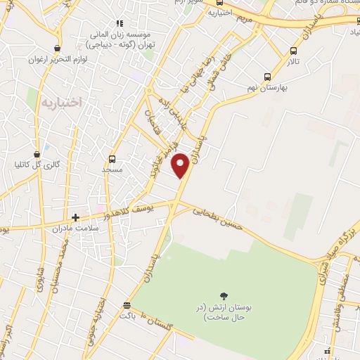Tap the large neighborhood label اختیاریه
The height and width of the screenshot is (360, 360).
(61, 103)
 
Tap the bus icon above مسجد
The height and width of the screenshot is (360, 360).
(111, 159)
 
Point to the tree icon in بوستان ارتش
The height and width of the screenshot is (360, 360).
(224, 296)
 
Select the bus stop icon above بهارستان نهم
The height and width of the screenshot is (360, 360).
(267, 77)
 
